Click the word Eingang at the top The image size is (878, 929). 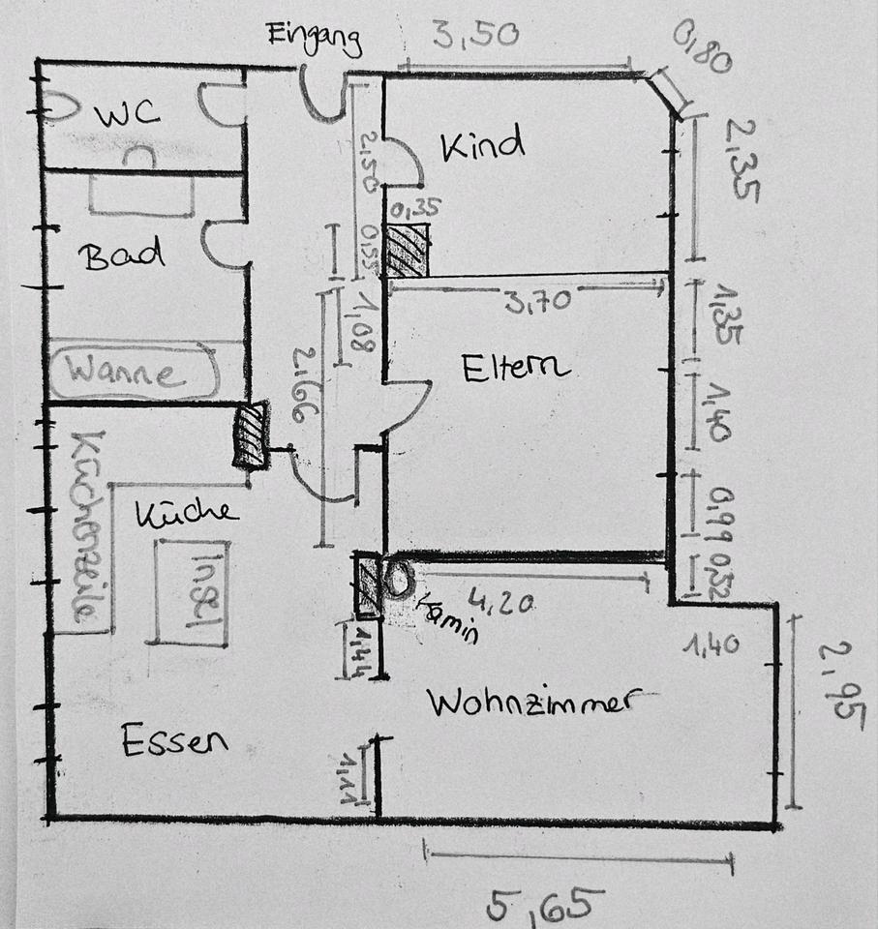tap(315, 39)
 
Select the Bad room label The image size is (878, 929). tap(122, 256)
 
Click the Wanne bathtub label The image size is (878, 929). tap(128, 373)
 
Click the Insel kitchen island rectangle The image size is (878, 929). tap(191, 592)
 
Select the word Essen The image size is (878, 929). tap(175, 741)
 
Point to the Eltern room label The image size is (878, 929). tap(515, 368)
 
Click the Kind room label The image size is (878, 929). tap(482, 145)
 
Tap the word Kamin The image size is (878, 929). tap(447, 616)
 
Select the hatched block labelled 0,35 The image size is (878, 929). tap(407, 250)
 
